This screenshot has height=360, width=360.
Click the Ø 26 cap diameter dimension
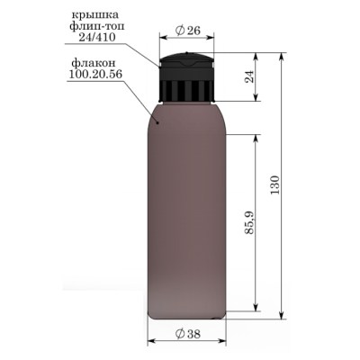pos(187,31)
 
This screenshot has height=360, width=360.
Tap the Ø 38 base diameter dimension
pos(188,334)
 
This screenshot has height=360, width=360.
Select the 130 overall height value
pos(274,184)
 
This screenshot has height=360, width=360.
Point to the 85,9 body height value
pos(249,222)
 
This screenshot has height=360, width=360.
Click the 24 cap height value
pos(249,76)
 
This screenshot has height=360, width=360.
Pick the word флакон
pos(94,63)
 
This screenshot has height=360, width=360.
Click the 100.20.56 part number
pos(95,74)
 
